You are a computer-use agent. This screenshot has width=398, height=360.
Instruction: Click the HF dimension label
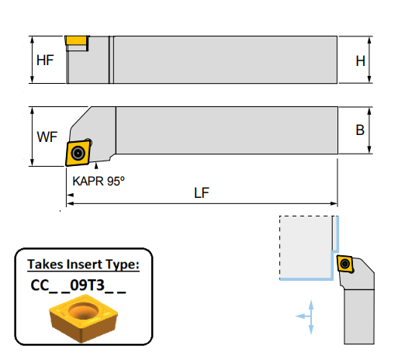click(x=45, y=60)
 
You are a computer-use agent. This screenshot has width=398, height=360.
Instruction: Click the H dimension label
click(x=360, y=60)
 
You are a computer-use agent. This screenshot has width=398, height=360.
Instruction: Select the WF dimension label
click(x=47, y=137)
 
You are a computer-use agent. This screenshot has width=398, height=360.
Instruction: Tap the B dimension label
click(x=360, y=130)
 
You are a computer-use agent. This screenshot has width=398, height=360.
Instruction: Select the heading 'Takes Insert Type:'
click(x=83, y=265)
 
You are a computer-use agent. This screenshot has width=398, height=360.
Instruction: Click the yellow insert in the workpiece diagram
click(x=345, y=264)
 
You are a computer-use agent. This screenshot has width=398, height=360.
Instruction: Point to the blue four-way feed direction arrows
click(x=310, y=316)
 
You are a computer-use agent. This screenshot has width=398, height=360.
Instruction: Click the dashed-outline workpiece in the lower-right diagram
click(x=306, y=247)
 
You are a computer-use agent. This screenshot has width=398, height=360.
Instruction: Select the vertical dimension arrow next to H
click(x=371, y=59)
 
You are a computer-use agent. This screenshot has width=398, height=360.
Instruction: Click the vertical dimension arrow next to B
click(x=371, y=130)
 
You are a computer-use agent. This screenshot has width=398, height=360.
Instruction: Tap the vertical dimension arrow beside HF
click(x=32, y=60)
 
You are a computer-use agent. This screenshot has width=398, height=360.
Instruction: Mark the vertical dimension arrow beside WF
click(x=32, y=137)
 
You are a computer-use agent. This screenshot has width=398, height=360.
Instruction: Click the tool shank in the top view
click(x=225, y=130)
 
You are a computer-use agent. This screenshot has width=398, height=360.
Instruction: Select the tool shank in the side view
click(x=225, y=59)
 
